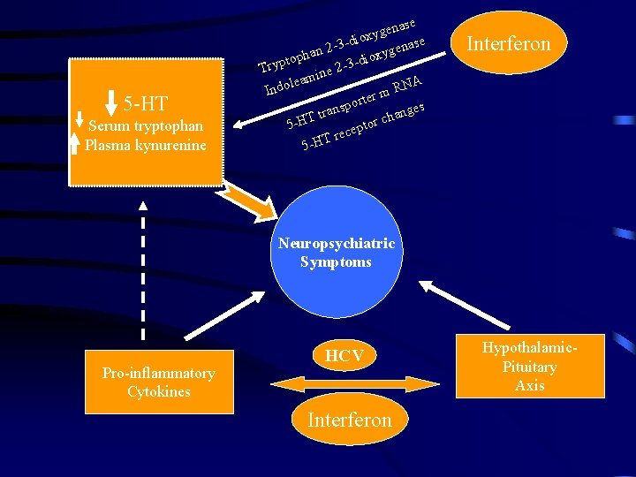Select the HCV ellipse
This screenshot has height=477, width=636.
[x=344, y=356]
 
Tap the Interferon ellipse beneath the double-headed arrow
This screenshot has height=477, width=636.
[x=349, y=420]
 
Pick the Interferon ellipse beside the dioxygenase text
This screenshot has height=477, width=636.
[x=509, y=43]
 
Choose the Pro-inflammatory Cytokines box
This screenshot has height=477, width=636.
[x=159, y=382]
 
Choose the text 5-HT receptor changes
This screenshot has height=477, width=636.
[x=362, y=127]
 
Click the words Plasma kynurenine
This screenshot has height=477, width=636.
[x=146, y=146]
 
